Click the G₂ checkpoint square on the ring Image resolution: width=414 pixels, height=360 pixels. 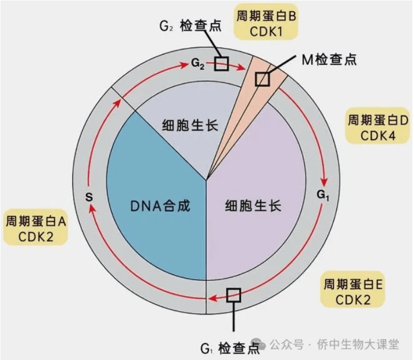[x=221, y=64]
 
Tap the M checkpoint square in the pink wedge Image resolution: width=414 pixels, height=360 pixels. [x=263, y=79]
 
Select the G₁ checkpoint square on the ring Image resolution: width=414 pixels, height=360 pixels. [x=234, y=295]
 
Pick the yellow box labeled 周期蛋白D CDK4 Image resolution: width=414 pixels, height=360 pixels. [x=378, y=126]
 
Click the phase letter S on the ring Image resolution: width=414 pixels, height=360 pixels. [x=89, y=197]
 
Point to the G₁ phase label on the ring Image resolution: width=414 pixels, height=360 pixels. [x=323, y=195]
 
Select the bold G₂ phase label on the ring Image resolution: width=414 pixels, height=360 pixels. [x=198, y=64]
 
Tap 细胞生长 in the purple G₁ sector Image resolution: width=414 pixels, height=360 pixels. [x=253, y=206]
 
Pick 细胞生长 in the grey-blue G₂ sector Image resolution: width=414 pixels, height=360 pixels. [x=190, y=125]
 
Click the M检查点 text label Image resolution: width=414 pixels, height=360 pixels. [x=329, y=60]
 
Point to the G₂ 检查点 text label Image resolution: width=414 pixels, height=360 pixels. [x=191, y=26]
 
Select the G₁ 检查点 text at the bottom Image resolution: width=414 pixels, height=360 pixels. [x=230, y=348]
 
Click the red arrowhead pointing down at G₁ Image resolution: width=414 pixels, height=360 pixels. [x=324, y=182]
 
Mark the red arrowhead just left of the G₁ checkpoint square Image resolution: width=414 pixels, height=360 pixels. [x=213, y=298]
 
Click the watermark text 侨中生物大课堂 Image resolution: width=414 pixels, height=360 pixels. [x=358, y=345]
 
